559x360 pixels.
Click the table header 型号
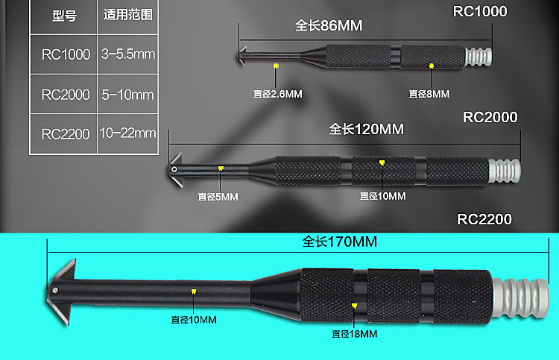point(64,16)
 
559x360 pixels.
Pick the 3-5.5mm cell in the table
point(127,54)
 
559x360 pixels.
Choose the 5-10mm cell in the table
point(127,95)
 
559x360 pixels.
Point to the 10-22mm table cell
point(127,133)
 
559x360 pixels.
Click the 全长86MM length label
point(328,26)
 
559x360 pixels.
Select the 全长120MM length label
point(366,129)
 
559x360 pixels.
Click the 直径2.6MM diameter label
point(276,94)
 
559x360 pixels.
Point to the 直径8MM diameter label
point(429,94)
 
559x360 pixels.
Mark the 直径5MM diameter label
point(218,197)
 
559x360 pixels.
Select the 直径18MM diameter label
point(355,334)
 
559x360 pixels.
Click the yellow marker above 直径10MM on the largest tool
point(194,291)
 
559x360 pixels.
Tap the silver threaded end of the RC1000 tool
point(479,57)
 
